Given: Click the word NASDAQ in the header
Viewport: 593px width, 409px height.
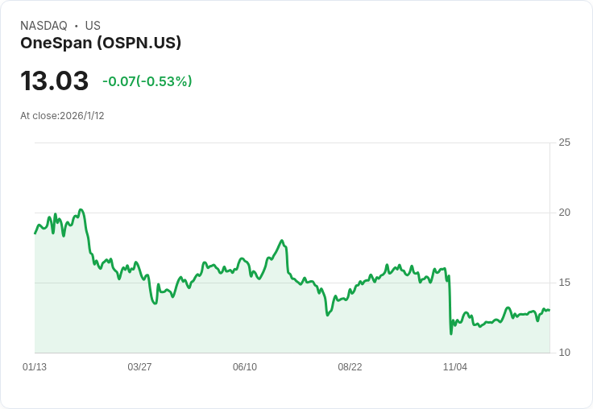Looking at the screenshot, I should [44, 26].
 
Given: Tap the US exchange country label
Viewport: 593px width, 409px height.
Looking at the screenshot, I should [93, 26].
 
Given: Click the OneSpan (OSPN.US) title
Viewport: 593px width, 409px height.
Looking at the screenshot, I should [101, 43].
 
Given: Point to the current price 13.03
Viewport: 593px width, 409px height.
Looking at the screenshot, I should [54, 81].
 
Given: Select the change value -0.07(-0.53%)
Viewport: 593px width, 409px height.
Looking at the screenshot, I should [147, 81].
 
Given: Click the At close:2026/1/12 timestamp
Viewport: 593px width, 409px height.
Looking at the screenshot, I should [62, 116].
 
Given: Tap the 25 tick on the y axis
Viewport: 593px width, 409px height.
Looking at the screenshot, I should [564, 143].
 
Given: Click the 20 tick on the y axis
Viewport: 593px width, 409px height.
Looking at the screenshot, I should [564, 213].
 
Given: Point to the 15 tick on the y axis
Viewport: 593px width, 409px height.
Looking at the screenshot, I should [564, 283].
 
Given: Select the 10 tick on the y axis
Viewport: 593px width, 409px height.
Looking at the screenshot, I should [564, 353].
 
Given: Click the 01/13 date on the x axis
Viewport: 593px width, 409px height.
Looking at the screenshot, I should [35, 367].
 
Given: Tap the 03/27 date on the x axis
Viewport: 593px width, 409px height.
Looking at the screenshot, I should [139, 367].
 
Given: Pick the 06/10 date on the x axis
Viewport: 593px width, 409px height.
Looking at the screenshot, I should [245, 367].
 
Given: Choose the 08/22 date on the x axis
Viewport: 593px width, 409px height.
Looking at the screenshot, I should [350, 367].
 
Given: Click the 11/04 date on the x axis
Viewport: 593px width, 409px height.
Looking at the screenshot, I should [455, 367].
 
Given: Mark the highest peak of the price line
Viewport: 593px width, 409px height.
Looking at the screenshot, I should [81, 209].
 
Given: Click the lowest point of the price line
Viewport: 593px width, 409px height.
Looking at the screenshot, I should [451, 333].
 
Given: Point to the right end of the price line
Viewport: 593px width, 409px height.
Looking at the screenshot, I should [549, 310].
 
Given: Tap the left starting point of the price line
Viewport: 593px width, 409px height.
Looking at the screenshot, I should [35, 233].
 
